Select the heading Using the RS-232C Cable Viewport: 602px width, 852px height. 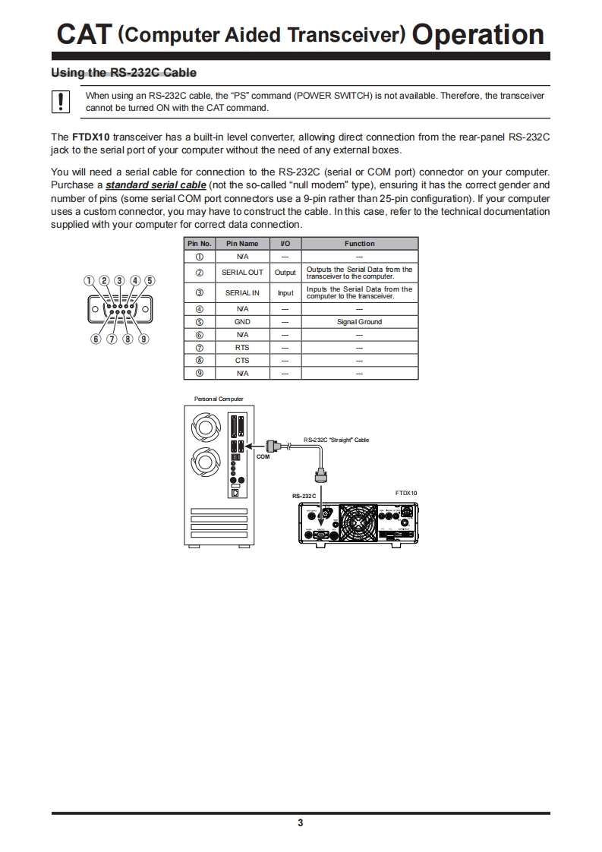[x=123, y=73]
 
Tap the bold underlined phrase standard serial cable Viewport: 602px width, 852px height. [x=156, y=185]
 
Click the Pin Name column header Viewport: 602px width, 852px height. [x=242, y=244]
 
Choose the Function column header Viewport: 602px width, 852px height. [x=359, y=244]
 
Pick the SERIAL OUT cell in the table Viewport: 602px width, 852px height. [x=242, y=272]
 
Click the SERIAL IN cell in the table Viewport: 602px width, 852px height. [x=242, y=292]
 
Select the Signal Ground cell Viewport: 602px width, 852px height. [x=359, y=322]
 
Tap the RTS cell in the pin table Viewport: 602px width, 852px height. [x=242, y=348]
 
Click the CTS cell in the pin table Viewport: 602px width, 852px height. [x=242, y=361]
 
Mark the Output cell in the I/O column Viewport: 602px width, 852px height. [x=285, y=272]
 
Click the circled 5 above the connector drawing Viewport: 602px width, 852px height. [x=150, y=280]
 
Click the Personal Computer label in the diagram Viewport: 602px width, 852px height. [x=219, y=399]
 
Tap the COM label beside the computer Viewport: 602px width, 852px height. [x=263, y=457]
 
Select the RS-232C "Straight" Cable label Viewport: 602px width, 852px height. [x=336, y=440]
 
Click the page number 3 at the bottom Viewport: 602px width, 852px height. [x=301, y=823]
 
